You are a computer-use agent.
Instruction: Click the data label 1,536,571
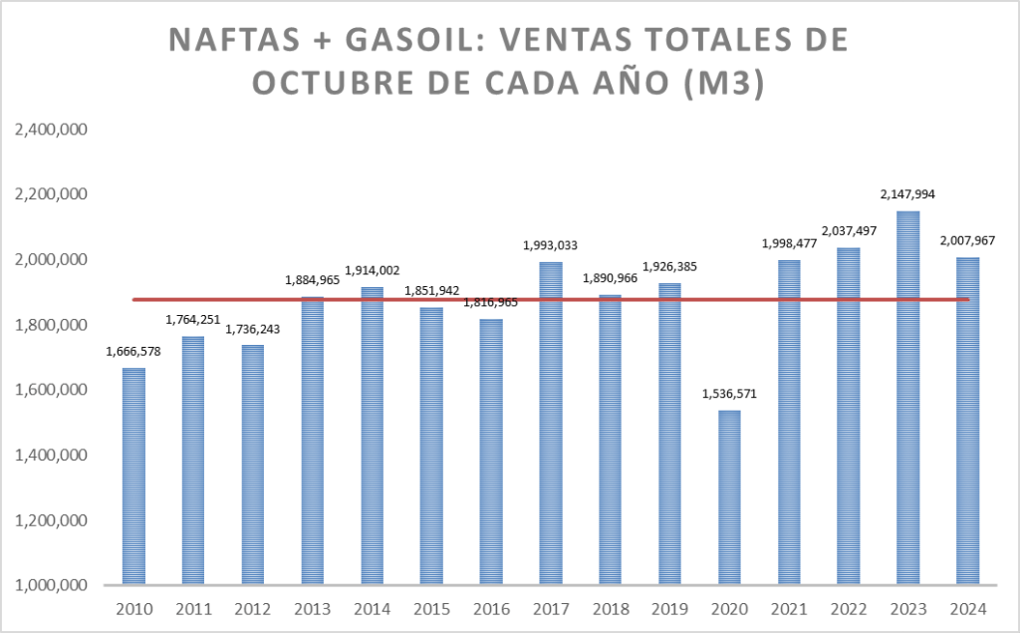[729, 394]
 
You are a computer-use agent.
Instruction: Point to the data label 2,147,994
[907, 194]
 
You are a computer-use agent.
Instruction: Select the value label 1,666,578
[133, 352]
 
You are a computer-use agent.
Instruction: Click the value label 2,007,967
[967, 240]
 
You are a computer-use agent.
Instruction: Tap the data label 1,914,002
[372, 270]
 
